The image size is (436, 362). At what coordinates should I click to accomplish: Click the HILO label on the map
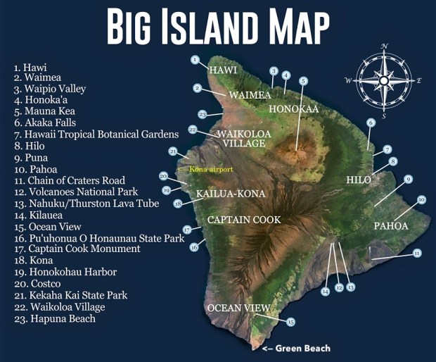pyautogui.click(x=359, y=180)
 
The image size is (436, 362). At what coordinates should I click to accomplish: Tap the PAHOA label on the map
pyautogui.click(x=390, y=226)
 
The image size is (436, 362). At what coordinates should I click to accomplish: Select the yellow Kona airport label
pyautogui.click(x=211, y=169)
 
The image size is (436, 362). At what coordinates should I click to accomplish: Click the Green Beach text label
pyautogui.click(x=302, y=349)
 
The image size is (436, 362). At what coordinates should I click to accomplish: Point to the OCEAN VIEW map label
pyautogui.click(x=238, y=308)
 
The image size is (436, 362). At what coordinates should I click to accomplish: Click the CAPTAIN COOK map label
pyautogui.click(x=243, y=220)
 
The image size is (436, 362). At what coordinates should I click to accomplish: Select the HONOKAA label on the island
pyautogui.click(x=293, y=109)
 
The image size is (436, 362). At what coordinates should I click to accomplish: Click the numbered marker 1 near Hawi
pyautogui.click(x=195, y=60)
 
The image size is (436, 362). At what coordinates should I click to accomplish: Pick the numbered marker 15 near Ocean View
pyautogui.click(x=291, y=322)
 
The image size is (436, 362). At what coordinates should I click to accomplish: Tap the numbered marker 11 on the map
pyautogui.click(x=417, y=253)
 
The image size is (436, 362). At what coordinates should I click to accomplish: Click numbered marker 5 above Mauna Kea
pyautogui.click(x=303, y=81)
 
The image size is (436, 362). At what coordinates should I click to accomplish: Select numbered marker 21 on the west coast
pyautogui.click(x=173, y=151)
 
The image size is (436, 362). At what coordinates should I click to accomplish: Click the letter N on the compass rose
pyautogui.click(x=384, y=47)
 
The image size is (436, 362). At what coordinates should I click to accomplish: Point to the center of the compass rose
pyautogui.click(x=383, y=81)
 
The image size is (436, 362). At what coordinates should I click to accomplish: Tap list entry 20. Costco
pyautogui.click(x=45, y=283)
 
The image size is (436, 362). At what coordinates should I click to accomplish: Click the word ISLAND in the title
pyautogui.click(x=218, y=27)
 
